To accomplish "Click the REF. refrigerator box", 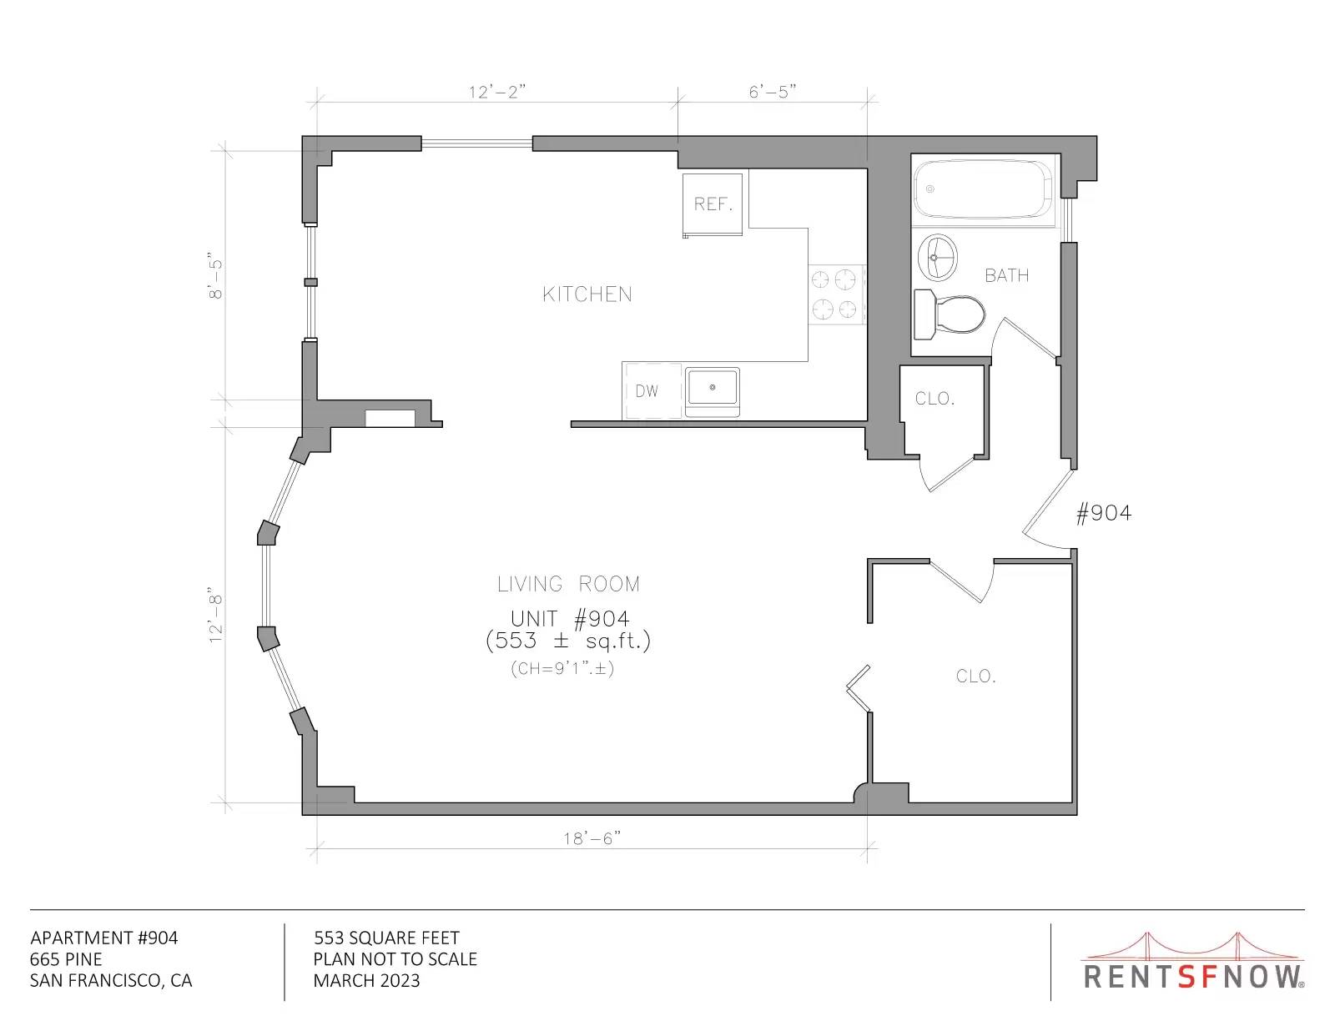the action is click(713, 204).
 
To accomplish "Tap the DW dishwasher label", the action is click(647, 391).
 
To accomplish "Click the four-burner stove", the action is click(836, 294).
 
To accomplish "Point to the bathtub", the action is click(983, 189).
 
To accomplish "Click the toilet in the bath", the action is click(950, 314).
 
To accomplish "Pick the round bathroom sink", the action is click(938, 257).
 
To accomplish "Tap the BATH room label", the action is click(1007, 276).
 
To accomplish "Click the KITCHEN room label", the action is click(587, 294).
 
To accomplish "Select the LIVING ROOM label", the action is click(569, 584).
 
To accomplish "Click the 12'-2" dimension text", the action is click(497, 92).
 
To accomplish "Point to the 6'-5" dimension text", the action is click(773, 92).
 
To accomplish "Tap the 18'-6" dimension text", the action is click(592, 838).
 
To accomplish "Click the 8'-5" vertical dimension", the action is click(215, 275).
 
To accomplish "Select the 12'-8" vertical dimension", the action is click(215, 619).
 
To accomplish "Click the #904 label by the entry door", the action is click(1104, 513).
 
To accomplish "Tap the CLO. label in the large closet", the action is click(976, 676).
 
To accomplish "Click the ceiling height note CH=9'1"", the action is click(562, 669).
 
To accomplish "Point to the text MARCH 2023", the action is click(367, 981).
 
